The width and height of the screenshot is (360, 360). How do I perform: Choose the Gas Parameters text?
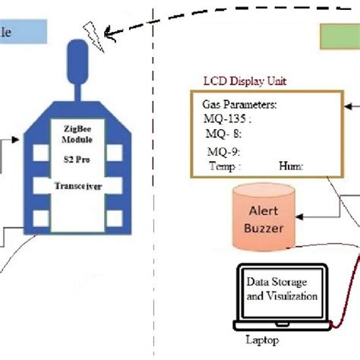pos(238,104)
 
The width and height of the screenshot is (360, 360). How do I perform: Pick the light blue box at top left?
pos(23,33)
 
